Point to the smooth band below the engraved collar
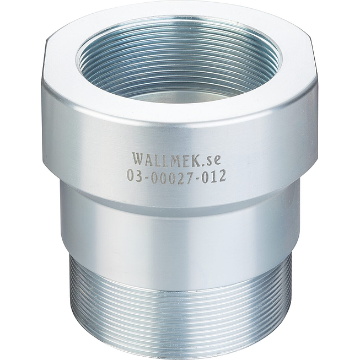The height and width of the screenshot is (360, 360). pyautogui.click(x=179, y=226)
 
